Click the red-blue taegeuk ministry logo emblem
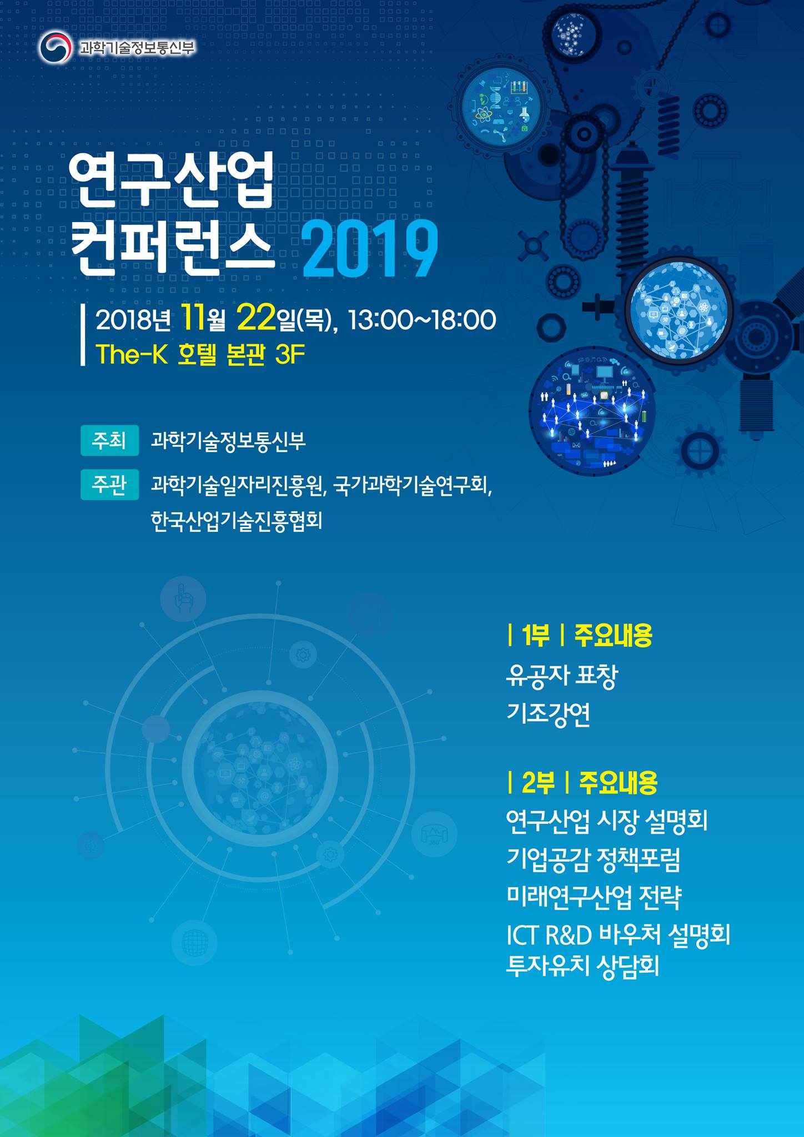tap(55, 48)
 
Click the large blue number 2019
tap(370, 249)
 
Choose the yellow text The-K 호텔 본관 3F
tap(200, 354)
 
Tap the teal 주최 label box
tap(109, 441)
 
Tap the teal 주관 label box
tap(109, 485)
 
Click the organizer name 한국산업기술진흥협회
tap(237, 521)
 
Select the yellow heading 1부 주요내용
tap(580, 635)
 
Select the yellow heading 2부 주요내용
tap(582, 783)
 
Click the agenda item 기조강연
tap(549, 715)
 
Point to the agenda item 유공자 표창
tap(562, 676)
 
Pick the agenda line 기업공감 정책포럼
tap(594, 859)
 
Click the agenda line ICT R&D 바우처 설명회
tap(618, 935)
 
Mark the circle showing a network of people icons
tap(592, 412)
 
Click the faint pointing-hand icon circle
tap(183, 600)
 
